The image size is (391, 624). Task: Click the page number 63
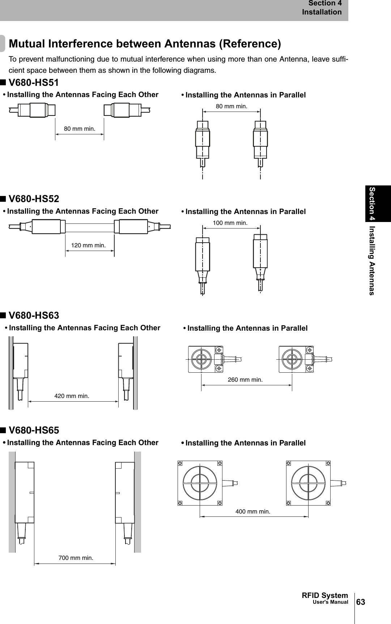click(x=361, y=602)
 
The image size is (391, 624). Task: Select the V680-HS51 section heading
click(x=34, y=83)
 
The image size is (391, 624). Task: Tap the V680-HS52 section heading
click(x=34, y=199)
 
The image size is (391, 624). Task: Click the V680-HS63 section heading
click(x=34, y=315)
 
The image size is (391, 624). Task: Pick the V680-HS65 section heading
click(x=34, y=430)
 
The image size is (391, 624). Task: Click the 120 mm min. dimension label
click(x=89, y=245)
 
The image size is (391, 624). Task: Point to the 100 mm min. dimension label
click(x=230, y=223)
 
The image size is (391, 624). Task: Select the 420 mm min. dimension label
click(x=72, y=396)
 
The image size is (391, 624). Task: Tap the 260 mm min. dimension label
click(x=245, y=380)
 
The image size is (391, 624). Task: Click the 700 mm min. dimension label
click(x=76, y=557)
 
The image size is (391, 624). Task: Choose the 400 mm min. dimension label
click(x=253, y=511)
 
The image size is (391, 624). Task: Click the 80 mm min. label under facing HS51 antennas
click(x=80, y=128)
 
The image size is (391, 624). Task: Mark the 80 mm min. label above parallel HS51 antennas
click(x=231, y=106)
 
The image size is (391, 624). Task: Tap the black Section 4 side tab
click(x=378, y=203)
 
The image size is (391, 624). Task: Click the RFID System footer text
click(x=325, y=595)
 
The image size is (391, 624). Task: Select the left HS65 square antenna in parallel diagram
click(x=200, y=483)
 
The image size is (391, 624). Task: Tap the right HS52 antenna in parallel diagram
click(x=260, y=257)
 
